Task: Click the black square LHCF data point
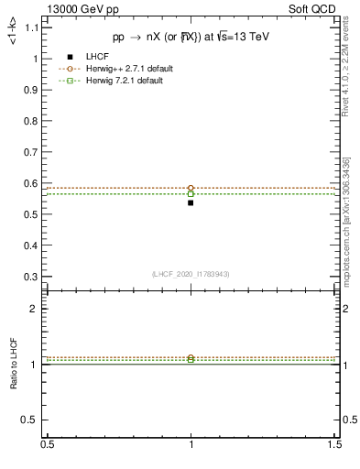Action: pyautogui.click(x=191, y=202)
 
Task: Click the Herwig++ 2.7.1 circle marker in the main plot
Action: pyautogui.click(x=191, y=188)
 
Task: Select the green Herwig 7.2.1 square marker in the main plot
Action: pyautogui.click(x=191, y=194)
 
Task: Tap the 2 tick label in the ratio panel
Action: pyautogui.click(x=33, y=309)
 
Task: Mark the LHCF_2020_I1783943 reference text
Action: pyautogui.click(x=191, y=274)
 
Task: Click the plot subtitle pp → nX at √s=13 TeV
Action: pyautogui.click(x=191, y=38)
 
